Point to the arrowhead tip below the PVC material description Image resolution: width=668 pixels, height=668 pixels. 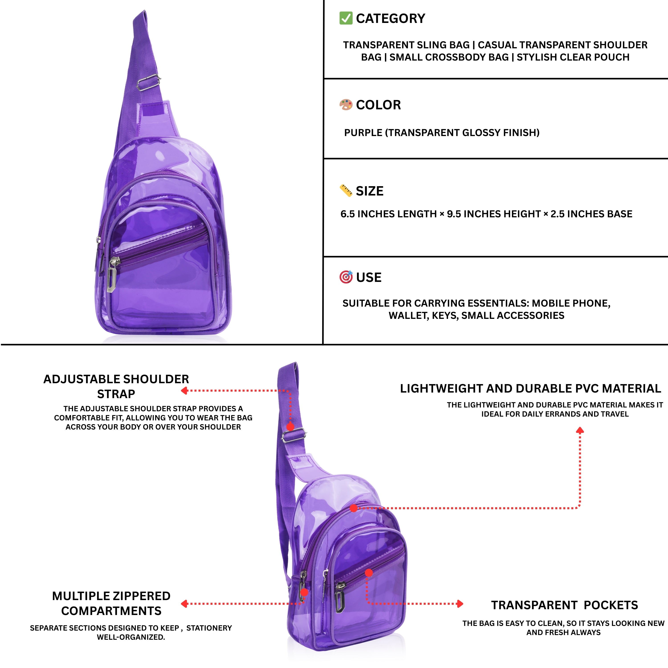pos(580,427)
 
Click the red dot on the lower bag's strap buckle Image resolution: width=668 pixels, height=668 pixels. pos(290,427)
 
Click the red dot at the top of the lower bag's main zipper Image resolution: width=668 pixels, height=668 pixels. pos(353,508)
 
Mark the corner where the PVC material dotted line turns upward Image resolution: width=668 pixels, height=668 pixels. pos(580,508)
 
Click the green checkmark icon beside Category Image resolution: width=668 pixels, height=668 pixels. pos(346,18)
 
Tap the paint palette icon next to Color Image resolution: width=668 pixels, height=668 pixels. pos(346,104)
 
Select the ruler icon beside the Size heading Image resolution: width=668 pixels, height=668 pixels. pos(346,191)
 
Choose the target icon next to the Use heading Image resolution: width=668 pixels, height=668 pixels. pos(346,277)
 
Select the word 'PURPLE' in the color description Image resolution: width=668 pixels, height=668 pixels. pos(363,133)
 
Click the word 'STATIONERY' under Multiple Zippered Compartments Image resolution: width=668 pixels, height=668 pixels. pos(209,628)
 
